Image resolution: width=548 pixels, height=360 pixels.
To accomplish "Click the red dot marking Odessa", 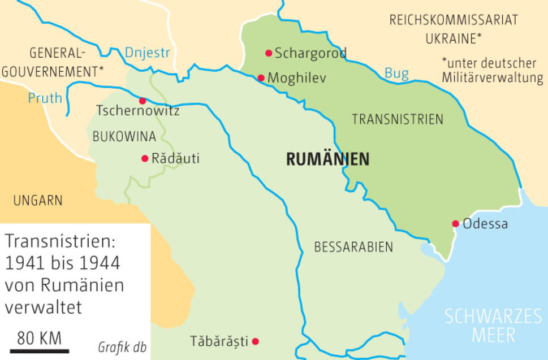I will coord(455,224).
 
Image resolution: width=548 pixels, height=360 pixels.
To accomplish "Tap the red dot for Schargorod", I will coord(269,53).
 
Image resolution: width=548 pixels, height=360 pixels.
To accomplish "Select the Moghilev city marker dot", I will coord(261,78).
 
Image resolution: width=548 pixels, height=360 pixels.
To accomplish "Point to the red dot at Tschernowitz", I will coord(142,101).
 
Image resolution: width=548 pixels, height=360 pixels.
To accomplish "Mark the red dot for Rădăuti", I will coord(145,158).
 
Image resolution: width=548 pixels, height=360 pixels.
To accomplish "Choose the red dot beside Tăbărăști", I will coord(256,341).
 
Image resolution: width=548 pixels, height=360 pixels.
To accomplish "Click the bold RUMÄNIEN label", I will coord(327,159).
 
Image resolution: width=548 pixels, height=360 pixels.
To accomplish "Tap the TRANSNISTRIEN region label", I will coord(398,119).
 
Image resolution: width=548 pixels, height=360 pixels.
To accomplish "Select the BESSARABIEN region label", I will coord(353,247).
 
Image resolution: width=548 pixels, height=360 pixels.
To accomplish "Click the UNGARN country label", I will coord(38,200).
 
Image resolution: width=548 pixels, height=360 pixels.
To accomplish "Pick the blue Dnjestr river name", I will coord(147,53).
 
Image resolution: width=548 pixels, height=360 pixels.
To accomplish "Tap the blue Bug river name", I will coord(396,73).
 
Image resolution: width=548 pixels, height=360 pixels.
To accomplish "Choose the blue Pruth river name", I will coord(45,98).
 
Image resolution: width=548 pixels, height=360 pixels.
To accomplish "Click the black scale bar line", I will coord(39,351).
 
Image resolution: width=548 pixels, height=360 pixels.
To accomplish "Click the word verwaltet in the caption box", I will coord(44,307).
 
